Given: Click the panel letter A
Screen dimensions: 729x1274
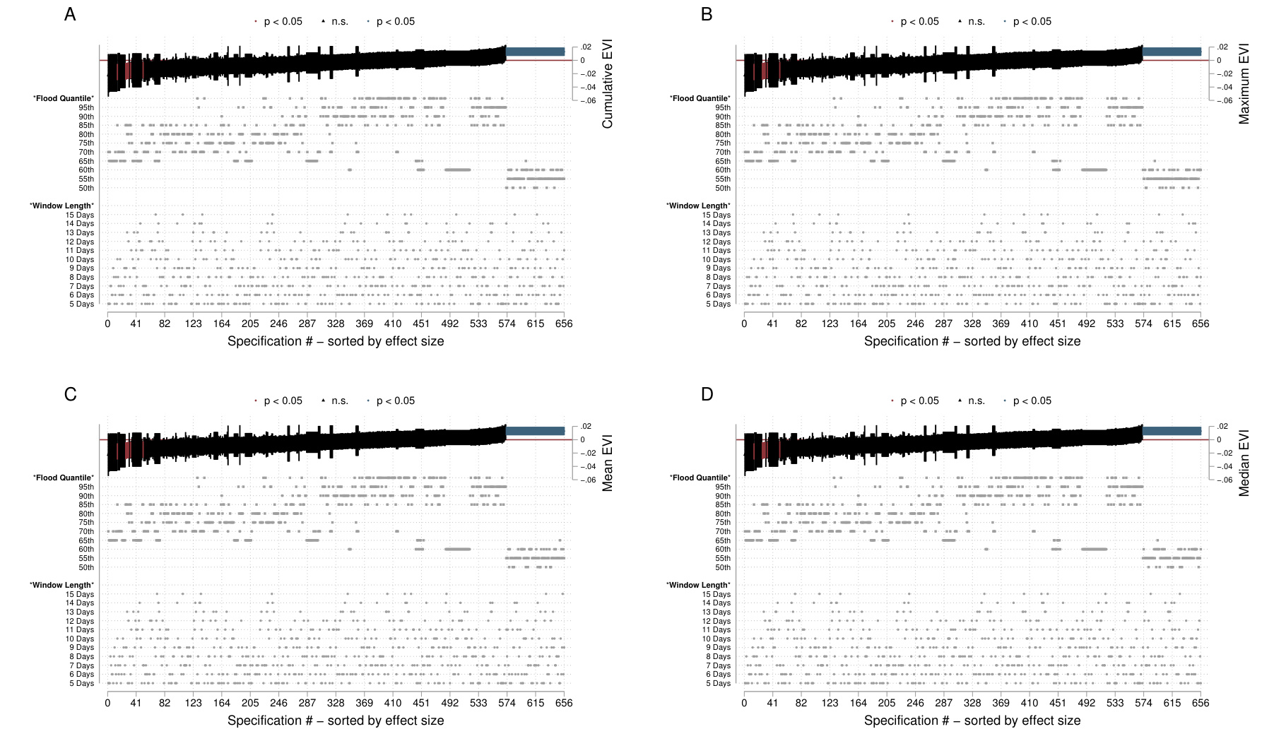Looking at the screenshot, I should [x=70, y=14].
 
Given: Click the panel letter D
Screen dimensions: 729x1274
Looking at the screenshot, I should [x=707, y=393].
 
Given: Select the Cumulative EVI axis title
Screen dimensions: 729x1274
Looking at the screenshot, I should [x=607, y=84].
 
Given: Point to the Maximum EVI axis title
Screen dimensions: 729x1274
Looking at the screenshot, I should [x=1244, y=84].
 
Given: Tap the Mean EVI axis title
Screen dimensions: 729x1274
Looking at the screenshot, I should [x=607, y=463].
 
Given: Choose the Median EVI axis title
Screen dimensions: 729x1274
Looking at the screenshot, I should [x=1244, y=463].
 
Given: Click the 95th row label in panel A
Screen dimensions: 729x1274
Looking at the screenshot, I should [x=86, y=107].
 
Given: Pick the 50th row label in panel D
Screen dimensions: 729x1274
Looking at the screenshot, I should [x=723, y=567].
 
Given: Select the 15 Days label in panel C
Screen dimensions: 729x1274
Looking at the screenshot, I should [x=80, y=594].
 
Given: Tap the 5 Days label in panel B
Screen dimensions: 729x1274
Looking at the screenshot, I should [x=718, y=304].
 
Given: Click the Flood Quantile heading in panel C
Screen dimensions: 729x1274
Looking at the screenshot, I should [x=64, y=478].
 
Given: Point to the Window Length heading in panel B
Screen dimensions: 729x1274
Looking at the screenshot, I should [x=698, y=206].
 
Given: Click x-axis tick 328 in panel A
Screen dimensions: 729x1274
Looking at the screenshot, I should [x=336, y=324].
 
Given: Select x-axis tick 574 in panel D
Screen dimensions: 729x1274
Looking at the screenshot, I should [x=1143, y=703].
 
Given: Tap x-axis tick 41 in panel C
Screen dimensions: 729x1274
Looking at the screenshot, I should [x=136, y=703].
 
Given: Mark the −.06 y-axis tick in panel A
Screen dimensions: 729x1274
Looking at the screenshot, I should [x=587, y=101].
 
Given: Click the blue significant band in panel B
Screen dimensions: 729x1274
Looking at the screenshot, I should [x=1172, y=52].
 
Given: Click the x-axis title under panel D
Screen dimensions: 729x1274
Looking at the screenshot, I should [x=972, y=721].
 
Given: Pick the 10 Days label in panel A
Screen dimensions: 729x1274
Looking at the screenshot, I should [x=80, y=259].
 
